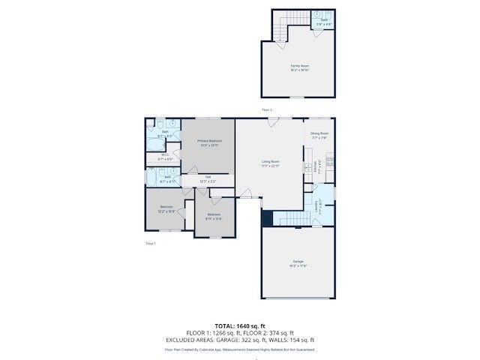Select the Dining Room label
pyautogui.click(x=319, y=133)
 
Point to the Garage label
pyautogui.click(x=298, y=262)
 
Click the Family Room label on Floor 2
pyautogui.click(x=300, y=66)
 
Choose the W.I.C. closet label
pyautogui.click(x=166, y=155)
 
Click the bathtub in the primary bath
pyautogui.click(x=155, y=143)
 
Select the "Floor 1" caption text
pyautogui.click(x=150, y=244)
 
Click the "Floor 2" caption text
pyautogui.click(x=266, y=109)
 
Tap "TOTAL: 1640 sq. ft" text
pyautogui.click(x=240, y=326)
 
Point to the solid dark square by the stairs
pyautogui.click(x=266, y=217)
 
